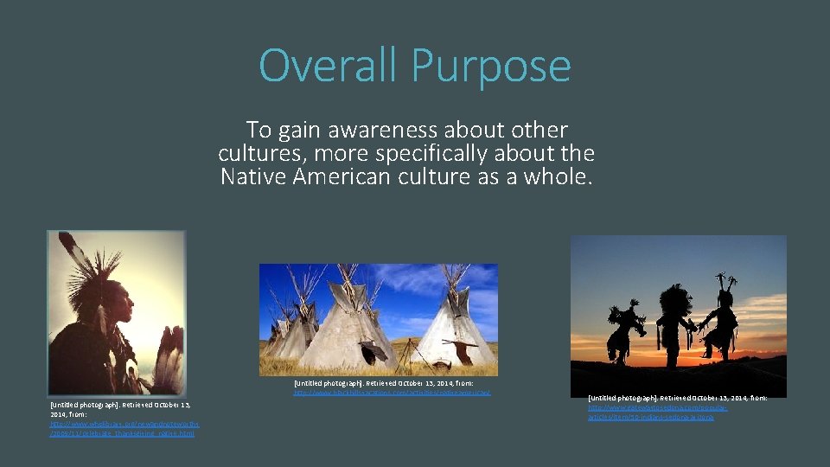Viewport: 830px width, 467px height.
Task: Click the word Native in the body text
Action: [x=252, y=177]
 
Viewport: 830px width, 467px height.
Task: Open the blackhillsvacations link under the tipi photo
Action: [x=392, y=393]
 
